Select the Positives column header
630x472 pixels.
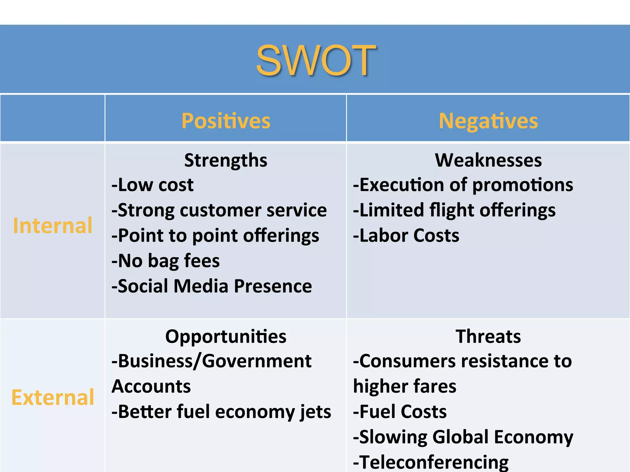pos(226,121)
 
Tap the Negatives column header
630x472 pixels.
pos(488,121)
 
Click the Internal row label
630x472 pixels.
pos(53,226)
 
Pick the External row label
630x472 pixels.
pos(53,397)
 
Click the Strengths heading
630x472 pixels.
pos(226,160)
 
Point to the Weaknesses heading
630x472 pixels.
pos(488,160)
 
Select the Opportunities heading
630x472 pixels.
pos(226,336)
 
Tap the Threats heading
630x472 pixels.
pos(488,336)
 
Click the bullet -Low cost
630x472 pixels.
pos(153,185)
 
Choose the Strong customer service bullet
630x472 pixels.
pos(219,210)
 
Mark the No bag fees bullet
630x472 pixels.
pos(166,261)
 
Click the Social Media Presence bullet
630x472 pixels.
pos(212,286)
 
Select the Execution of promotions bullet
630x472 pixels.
pos(463,185)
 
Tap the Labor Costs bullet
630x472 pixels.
pos(406,236)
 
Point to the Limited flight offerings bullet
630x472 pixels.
pos(454,210)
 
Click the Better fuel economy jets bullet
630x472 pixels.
pos(221,412)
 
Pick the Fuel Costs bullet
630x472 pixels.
pos(400,412)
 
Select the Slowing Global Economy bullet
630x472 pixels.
pos(463,437)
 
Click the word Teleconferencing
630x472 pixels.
pos(434,462)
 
